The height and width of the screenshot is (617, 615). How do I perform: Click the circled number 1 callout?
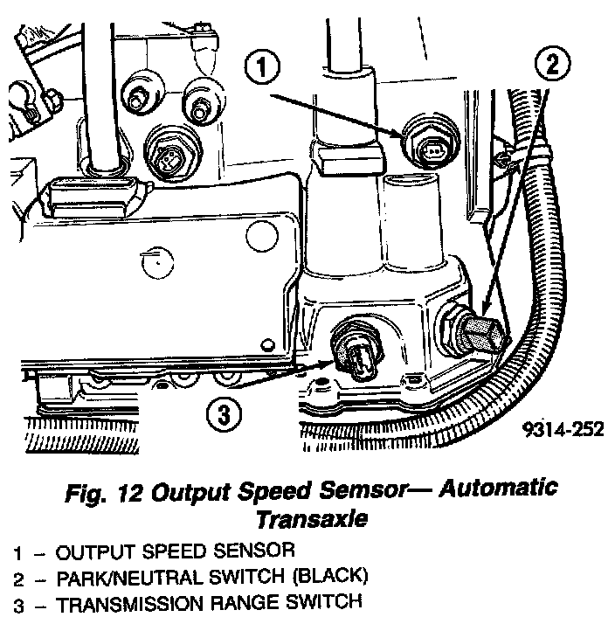coord(262,66)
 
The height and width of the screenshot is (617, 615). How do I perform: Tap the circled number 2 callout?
coord(552,63)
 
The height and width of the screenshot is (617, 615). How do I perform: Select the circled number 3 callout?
coord(224,414)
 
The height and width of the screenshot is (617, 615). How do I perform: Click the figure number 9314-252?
coord(563,429)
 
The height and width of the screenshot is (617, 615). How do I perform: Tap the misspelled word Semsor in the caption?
coord(363,491)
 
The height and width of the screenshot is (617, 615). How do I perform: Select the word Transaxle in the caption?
coord(312,519)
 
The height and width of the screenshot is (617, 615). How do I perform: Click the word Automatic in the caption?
coord(498,489)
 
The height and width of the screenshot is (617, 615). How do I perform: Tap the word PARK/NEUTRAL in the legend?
coord(130,578)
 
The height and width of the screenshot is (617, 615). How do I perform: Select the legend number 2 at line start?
coord(18,580)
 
